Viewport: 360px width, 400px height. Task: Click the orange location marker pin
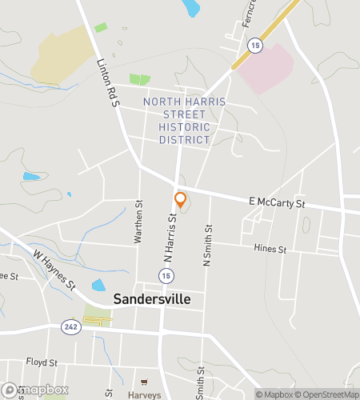click(x=181, y=200)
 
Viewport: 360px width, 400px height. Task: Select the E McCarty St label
click(x=278, y=205)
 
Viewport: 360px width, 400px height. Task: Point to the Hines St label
click(x=270, y=250)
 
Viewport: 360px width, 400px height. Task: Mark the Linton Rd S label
click(x=107, y=83)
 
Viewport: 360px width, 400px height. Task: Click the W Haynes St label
click(x=54, y=270)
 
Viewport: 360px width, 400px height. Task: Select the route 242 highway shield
click(x=70, y=326)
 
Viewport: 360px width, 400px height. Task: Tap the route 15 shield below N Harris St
click(x=165, y=275)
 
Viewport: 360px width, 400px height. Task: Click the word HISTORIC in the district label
click(x=185, y=127)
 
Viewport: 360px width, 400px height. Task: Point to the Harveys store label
click(x=145, y=394)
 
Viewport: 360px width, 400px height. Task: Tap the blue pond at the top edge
click(x=190, y=7)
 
